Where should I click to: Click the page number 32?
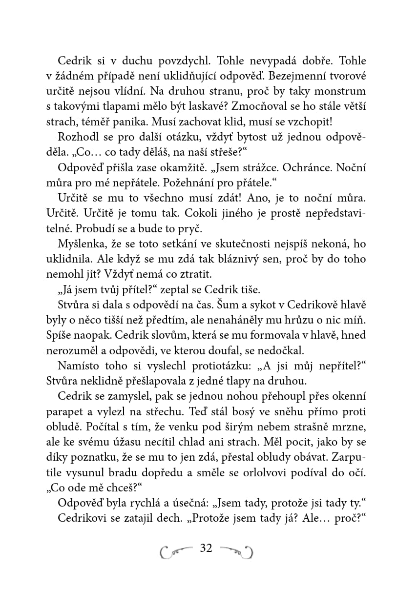point(206,549)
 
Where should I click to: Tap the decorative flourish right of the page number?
point(236,551)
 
